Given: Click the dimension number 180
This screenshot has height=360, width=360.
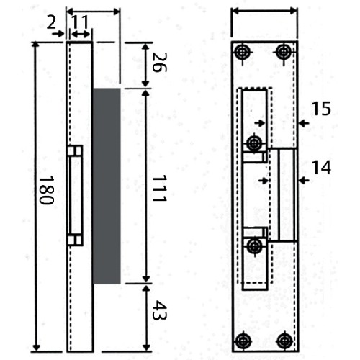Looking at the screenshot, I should (x=45, y=189).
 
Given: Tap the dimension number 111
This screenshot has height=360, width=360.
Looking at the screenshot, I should (x=159, y=189).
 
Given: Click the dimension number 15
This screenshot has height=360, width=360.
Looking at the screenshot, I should (x=321, y=109).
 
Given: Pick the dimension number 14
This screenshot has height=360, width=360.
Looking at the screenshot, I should (x=321, y=167).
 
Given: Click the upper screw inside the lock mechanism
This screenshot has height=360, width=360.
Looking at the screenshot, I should (x=253, y=143).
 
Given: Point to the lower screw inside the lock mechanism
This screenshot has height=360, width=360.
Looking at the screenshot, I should (x=253, y=246).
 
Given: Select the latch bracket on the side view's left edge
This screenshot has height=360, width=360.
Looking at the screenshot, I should (x=75, y=194).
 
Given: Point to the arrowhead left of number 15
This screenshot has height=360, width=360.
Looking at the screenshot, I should (x=301, y=124).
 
